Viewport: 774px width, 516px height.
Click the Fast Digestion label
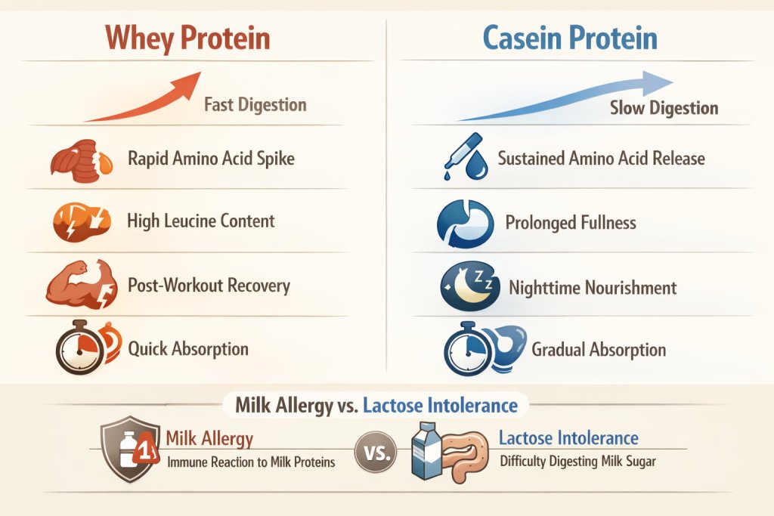pyautogui.click(x=255, y=104)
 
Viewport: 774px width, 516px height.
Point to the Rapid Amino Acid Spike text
pyautogui.click(x=211, y=159)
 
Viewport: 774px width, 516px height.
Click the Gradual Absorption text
pyautogui.click(x=599, y=350)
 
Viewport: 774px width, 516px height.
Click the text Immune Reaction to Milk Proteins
pyautogui.click(x=250, y=462)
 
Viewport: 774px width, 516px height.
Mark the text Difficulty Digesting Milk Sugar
pyautogui.click(x=578, y=462)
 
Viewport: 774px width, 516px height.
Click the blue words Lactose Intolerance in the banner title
pyautogui.click(x=440, y=405)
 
